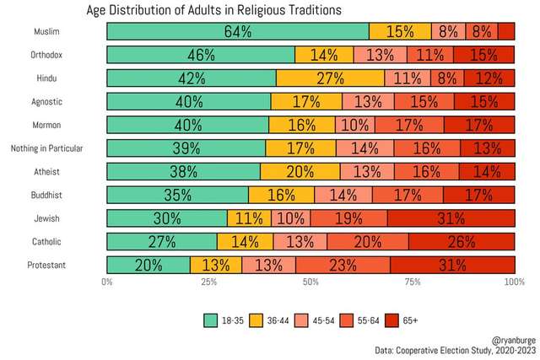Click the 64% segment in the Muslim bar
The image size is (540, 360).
pos(238,32)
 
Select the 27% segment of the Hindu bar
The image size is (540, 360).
pos(331,78)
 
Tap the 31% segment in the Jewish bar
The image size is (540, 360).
pos(451,218)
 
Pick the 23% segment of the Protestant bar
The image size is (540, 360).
pos(343,264)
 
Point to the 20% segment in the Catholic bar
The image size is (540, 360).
pos(368,241)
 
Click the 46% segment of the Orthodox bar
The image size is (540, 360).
pos(201,56)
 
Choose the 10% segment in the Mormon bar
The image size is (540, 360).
pos(355,125)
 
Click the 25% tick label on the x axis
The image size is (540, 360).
pos(208,282)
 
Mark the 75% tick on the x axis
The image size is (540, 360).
pos(412,282)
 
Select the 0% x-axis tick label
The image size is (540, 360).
pos(107,282)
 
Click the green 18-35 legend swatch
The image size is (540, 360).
pos(212,320)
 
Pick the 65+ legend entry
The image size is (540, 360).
pos(401,320)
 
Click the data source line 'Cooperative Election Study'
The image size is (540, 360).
pos(447,349)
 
